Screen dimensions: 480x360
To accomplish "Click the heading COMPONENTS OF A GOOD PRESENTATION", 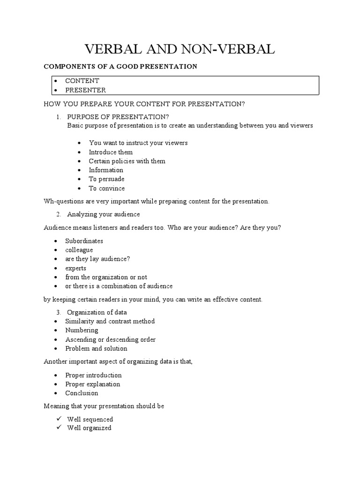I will tap(120, 67).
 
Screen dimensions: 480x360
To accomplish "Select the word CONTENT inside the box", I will tap(82, 81).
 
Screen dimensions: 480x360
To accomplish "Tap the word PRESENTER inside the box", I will tap(85, 90).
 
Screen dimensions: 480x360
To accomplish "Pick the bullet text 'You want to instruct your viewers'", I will tap(138, 143).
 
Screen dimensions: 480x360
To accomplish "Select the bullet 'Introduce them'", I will tap(111, 152).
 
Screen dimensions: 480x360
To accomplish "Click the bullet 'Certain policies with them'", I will tap(127, 161).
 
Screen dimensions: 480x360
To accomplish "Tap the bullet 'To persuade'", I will tap(106, 179).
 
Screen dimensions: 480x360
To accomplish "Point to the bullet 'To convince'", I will tap(107, 188).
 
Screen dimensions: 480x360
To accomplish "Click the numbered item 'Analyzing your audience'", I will tap(103, 214).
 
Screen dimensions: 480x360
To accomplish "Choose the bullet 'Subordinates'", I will tap(84, 241).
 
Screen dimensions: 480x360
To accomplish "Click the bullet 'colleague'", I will tap(79, 250).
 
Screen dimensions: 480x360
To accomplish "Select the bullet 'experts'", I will tap(76, 268).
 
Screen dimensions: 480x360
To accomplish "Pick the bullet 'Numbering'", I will tap(82, 330).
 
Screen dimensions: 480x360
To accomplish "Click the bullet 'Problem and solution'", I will tap(96, 348).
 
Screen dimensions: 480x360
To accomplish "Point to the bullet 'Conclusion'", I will tap(82, 393).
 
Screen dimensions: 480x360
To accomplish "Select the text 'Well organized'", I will tap(89, 428).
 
